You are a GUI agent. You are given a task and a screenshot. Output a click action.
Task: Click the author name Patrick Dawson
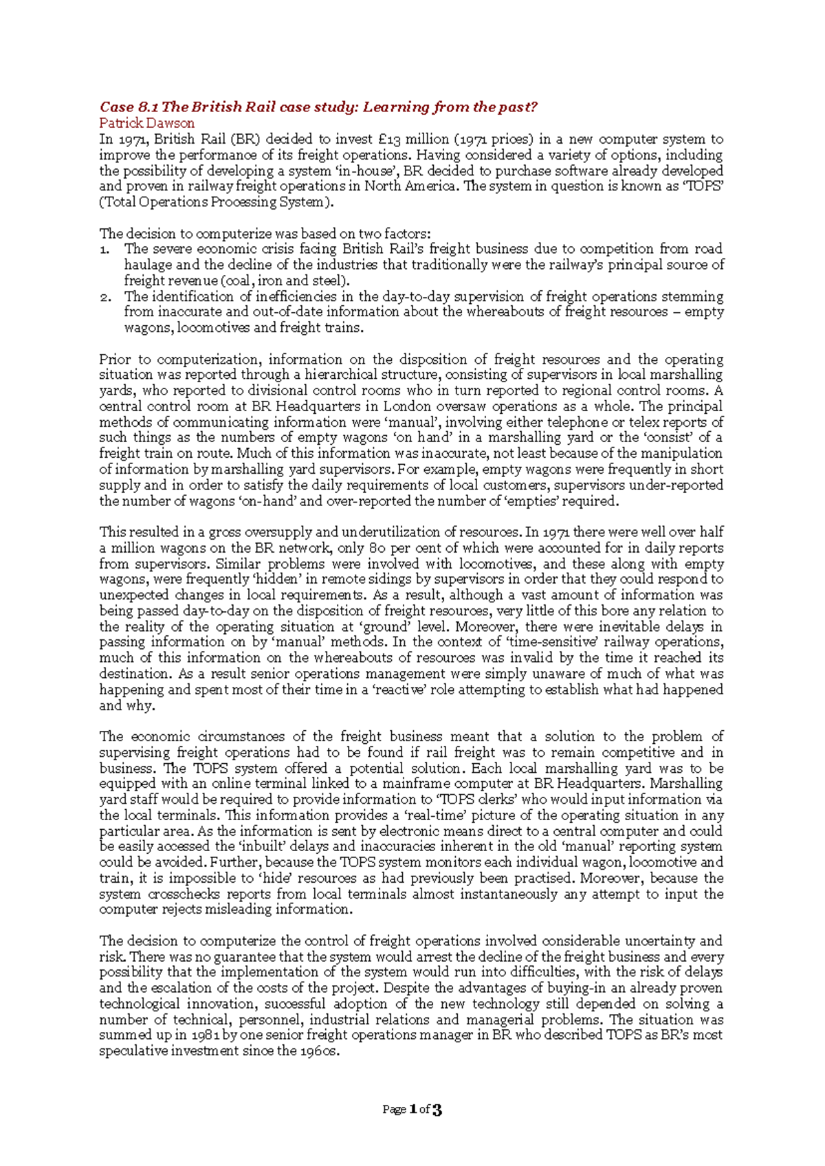pos(146,123)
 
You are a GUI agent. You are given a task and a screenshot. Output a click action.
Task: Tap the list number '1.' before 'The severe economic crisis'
pos(105,249)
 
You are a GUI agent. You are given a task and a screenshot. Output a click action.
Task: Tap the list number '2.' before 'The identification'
pos(105,297)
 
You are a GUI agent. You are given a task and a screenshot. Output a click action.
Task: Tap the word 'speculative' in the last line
pos(133,1051)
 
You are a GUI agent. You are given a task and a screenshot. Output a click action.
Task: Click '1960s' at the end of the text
pos(320,1051)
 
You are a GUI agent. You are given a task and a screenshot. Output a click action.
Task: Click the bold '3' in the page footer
pos(437,1110)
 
